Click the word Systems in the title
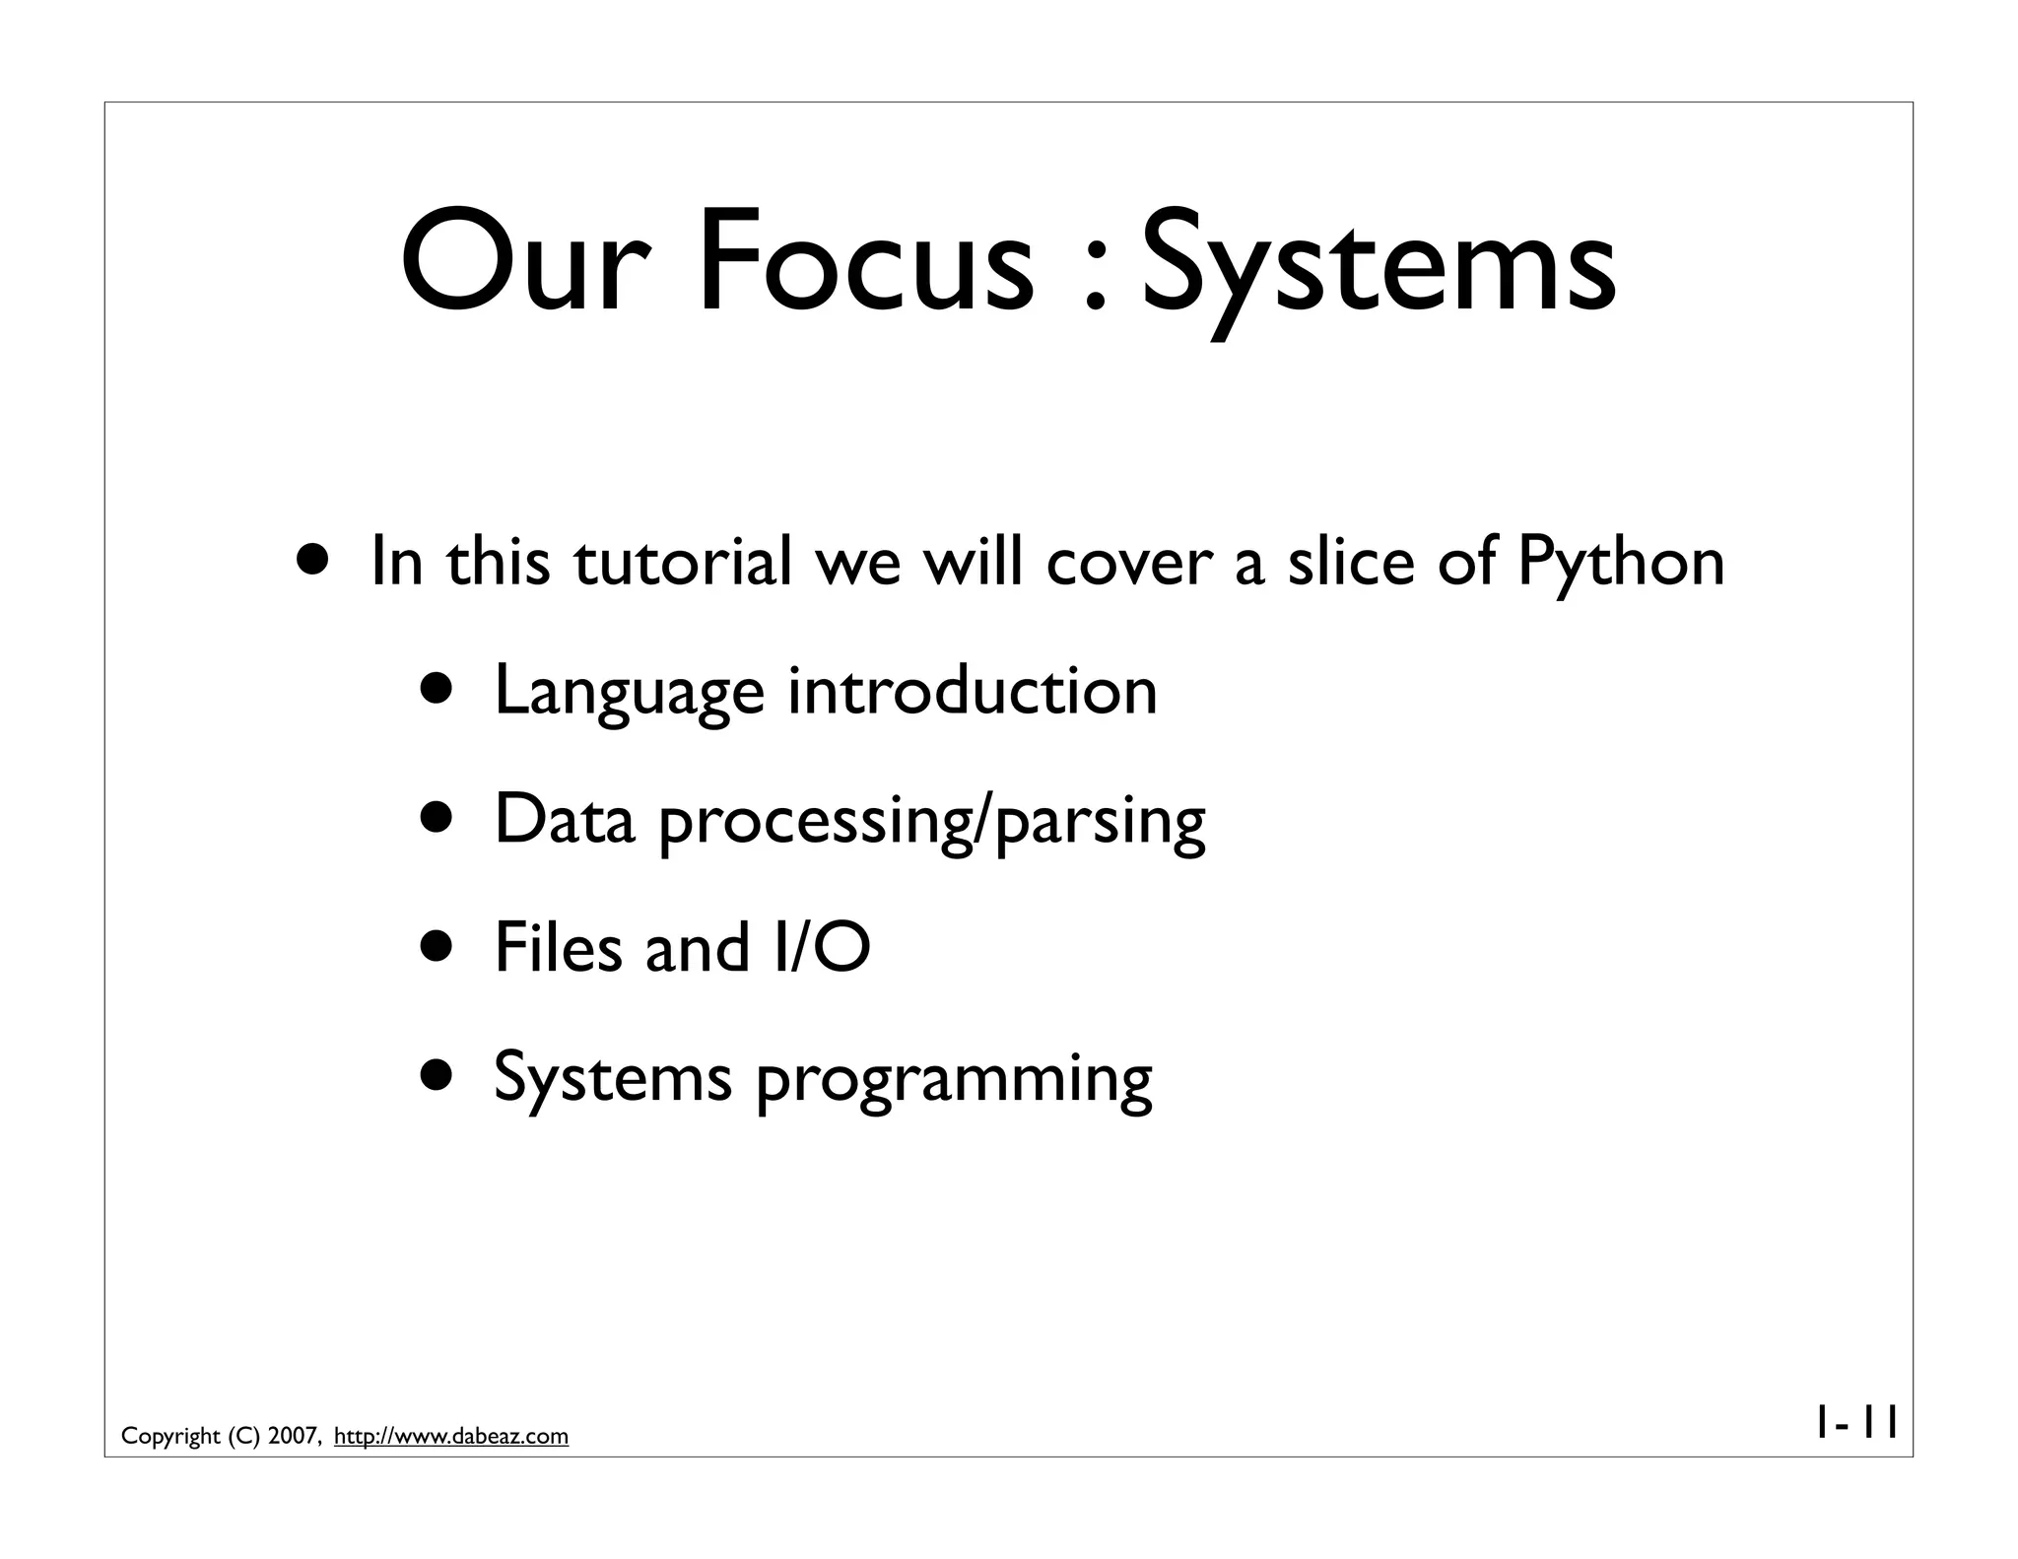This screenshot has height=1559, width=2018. click(x=1379, y=264)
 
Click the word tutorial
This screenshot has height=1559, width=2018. click(x=682, y=562)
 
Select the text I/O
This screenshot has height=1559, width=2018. click(x=822, y=948)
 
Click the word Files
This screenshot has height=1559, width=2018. click(x=558, y=948)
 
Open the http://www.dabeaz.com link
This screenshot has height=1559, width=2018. click(x=451, y=1437)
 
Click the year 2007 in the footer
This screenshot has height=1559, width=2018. click(x=292, y=1437)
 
